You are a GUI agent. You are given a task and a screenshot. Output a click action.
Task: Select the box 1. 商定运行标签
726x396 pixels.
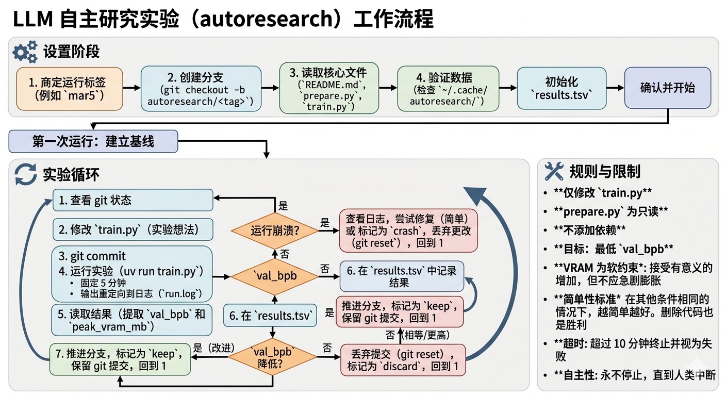pyautogui.click(x=70, y=89)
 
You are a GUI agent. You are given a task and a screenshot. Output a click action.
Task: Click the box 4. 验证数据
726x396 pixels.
pyautogui.click(x=448, y=88)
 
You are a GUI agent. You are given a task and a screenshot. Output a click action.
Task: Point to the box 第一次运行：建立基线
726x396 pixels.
pyautogui.click(x=93, y=141)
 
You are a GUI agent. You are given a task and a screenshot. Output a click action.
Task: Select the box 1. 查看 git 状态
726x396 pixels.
pyautogui.click(x=133, y=200)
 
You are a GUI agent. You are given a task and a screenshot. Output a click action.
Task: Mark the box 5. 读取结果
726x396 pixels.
pyautogui.click(x=132, y=320)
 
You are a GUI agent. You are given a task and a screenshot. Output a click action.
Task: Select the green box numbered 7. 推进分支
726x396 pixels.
pyautogui.click(x=119, y=360)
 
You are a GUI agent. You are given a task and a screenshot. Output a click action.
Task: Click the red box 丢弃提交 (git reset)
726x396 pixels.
pyautogui.click(x=403, y=360)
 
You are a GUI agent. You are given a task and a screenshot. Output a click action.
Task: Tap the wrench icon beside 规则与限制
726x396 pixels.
pyautogui.click(x=555, y=171)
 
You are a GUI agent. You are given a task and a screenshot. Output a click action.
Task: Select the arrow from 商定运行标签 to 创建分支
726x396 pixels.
pyautogui.click(x=132, y=88)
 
